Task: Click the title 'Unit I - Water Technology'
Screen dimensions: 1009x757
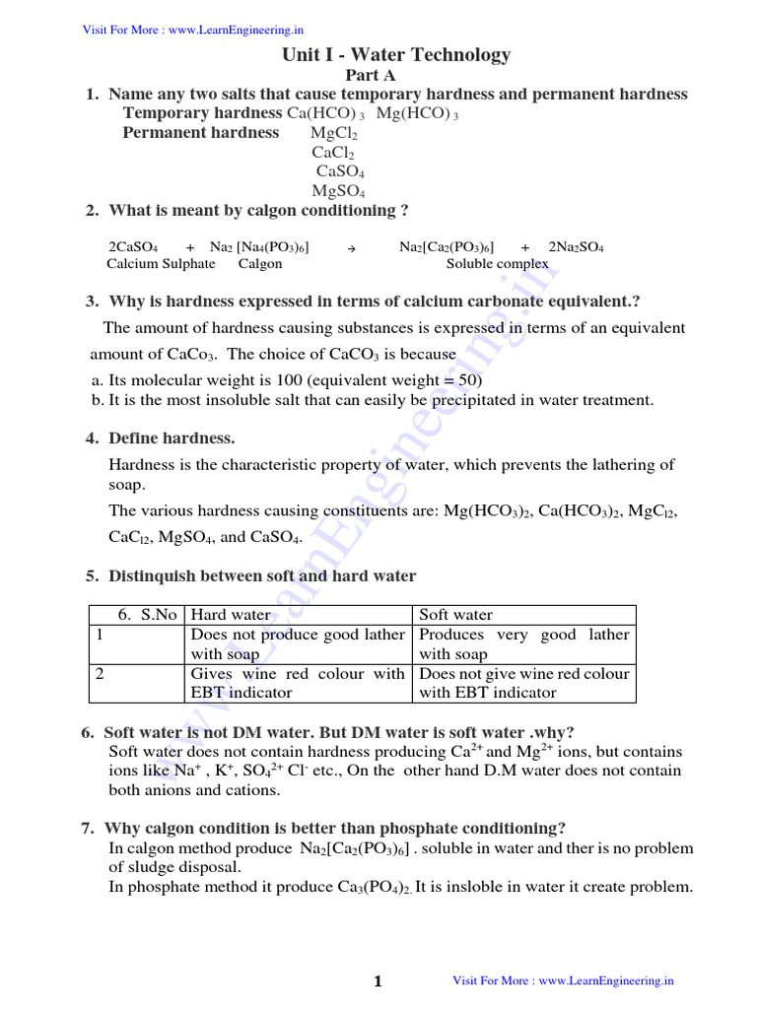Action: pos(396,55)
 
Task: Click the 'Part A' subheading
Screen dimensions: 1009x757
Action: pos(370,75)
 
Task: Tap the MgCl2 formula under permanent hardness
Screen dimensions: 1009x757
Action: pos(334,133)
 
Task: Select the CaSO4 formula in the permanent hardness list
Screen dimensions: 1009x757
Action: pos(340,171)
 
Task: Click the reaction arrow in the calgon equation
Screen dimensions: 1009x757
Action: pos(352,248)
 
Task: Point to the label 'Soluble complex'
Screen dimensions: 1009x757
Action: pos(498,264)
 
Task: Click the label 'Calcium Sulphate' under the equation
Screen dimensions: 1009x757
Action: pos(161,264)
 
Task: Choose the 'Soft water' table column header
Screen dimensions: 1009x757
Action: pos(456,615)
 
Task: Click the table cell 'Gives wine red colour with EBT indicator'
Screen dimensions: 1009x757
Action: pos(298,683)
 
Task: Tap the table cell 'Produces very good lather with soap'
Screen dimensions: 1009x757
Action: pos(524,644)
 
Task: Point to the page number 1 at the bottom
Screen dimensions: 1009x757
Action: pos(378,981)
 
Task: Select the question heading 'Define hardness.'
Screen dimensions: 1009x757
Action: pos(172,438)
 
